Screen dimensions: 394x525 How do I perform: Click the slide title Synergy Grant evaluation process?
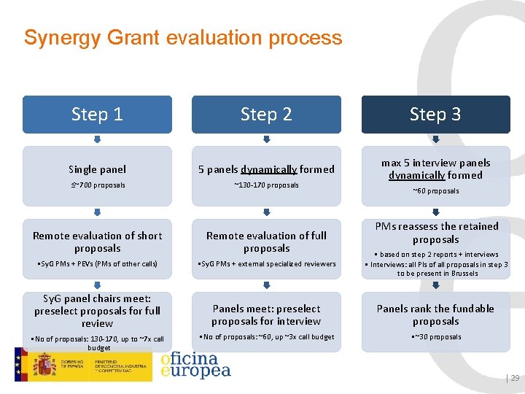tap(182, 37)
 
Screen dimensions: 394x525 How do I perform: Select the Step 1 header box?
tap(97, 115)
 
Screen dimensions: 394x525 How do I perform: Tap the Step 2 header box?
tap(266, 115)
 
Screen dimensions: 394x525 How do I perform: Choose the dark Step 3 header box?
tap(435, 115)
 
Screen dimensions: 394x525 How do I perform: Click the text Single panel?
tap(97, 169)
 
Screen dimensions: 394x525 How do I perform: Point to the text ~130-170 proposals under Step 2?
tap(266, 185)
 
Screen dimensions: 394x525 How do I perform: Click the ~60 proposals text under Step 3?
tap(436, 191)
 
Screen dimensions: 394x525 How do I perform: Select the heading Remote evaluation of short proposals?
tap(97, 242)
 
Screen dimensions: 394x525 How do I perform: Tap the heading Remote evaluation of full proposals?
tap(266, 242)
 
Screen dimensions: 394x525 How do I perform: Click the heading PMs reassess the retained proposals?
tap(436, 233)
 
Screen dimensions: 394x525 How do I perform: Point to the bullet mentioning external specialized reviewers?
tap(267, 264)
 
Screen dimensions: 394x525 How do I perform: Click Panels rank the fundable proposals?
tap(435, 314)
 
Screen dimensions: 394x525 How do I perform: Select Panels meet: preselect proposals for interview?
tap(266, 314)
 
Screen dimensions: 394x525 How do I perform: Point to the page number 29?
tap(514, 378)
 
